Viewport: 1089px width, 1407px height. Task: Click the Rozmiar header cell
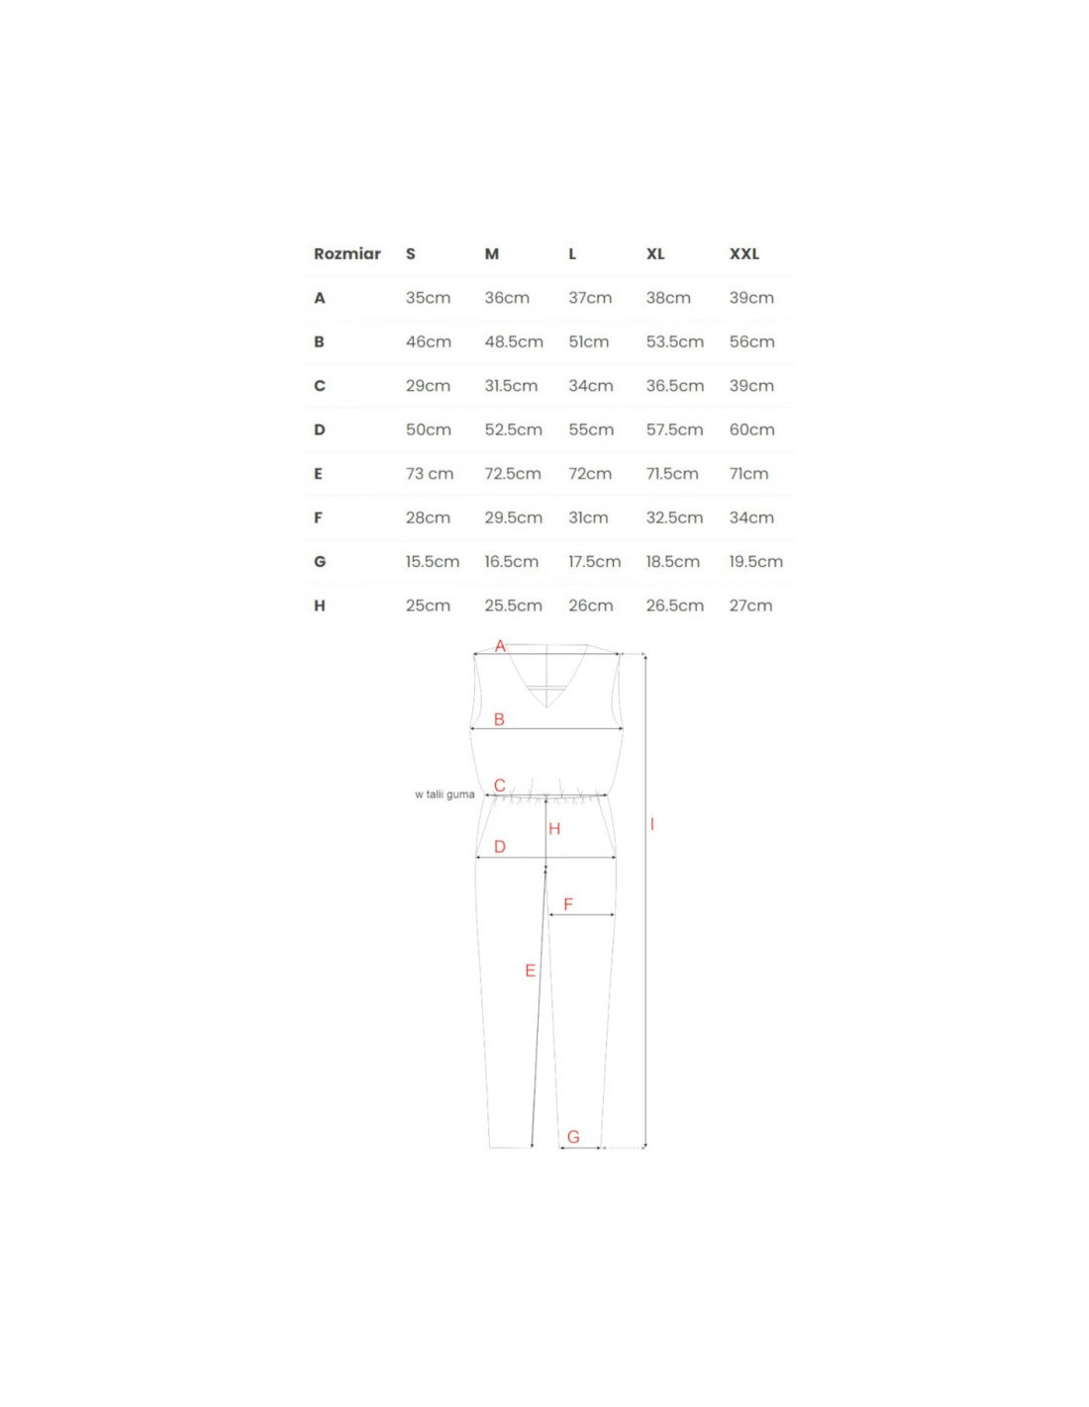point(346,254)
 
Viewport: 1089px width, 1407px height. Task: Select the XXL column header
point(744,254)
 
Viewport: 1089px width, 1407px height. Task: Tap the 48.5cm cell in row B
point(514,342)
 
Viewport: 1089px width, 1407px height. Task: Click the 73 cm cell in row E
point(430,474)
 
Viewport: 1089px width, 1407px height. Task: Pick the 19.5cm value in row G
point(756,562)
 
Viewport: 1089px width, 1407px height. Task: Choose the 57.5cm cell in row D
point(674,430)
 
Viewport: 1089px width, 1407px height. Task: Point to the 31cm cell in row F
point(588,518)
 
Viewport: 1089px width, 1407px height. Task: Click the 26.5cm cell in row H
point(674,607)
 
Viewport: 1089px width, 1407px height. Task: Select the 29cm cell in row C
point(429,386)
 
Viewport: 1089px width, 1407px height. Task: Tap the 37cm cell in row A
point(590,298)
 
